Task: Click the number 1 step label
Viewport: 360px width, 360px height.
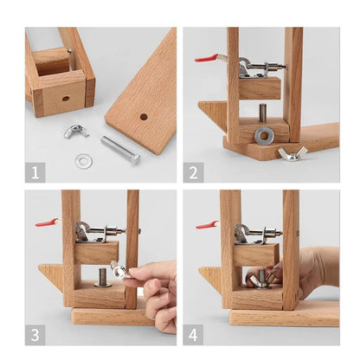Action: point(35,172)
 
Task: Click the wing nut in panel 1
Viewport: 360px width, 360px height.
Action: point(75,132)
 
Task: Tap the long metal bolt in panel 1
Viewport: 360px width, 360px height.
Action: point(119,150)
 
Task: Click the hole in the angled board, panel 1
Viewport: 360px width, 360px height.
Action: point(143,116)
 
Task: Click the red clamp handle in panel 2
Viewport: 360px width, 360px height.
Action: point(206,59)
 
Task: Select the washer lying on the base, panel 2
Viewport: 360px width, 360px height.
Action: point(264,136)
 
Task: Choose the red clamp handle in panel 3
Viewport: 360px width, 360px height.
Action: point(46,222)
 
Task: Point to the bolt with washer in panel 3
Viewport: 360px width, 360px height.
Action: point(101,277)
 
